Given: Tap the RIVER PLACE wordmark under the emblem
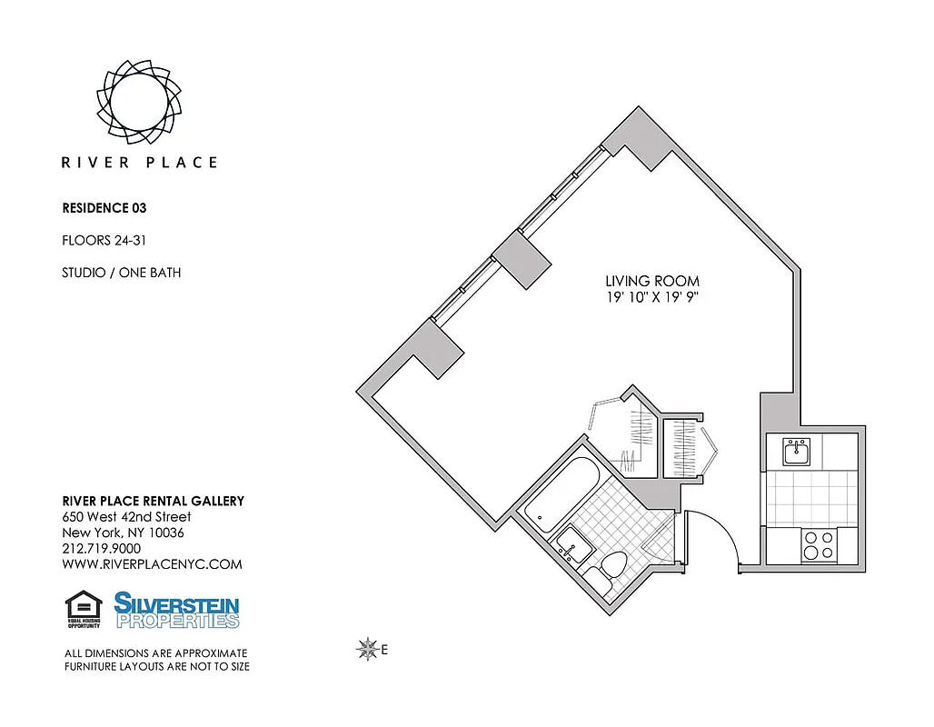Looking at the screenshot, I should coord(139,163).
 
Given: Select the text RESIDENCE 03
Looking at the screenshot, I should coord(104,207).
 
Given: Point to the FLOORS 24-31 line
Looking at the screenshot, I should coord(103,241).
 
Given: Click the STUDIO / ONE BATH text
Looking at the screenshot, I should coord(121,273).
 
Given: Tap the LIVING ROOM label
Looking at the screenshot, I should coord(652,282).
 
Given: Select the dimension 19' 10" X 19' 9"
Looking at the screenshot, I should coord(652,298).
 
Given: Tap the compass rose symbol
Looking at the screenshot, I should coord(368,649).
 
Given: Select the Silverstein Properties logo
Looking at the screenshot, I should coord(176,610).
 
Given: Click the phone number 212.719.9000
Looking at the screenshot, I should coord(101,549).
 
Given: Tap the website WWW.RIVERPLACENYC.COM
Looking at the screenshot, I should coord(152,564).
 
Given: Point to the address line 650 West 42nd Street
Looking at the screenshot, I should coord(126,517).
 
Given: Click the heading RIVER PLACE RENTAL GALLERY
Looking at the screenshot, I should coord(153,502).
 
